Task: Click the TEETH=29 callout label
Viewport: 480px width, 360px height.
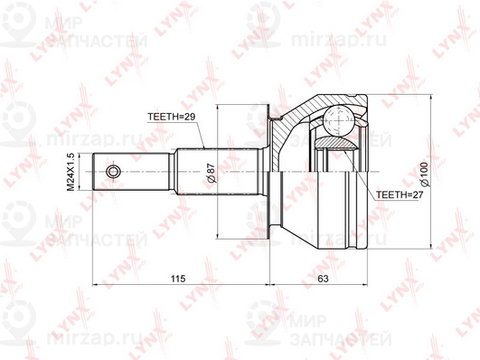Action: tap(171, 117)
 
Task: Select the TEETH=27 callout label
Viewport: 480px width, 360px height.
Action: tap(400, 194)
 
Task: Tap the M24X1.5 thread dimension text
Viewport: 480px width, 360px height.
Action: tap(71, 172)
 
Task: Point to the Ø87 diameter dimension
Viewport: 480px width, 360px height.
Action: tap(211, 174)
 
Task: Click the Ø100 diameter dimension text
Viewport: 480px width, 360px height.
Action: tap(425, 174)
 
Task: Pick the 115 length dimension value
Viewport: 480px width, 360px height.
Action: tap(178, 279)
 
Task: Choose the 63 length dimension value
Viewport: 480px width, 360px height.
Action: tap(323, 279)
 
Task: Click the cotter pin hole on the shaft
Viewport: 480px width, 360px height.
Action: tap(113, 172)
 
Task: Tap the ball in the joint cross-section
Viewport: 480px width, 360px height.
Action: tap(339, 120)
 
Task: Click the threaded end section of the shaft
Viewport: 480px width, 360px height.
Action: tap(132, 172)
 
